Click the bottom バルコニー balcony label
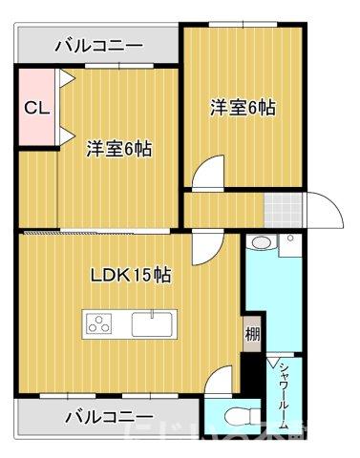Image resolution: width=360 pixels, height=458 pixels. (x=109, y=416)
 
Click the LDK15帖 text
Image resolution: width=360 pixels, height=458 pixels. (x=131, y=276)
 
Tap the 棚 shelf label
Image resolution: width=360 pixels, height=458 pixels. (x=251, y=334)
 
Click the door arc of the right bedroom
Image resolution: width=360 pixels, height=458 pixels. (x=205, y=177)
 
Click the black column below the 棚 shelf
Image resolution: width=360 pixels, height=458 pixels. (x=250, y=373)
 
